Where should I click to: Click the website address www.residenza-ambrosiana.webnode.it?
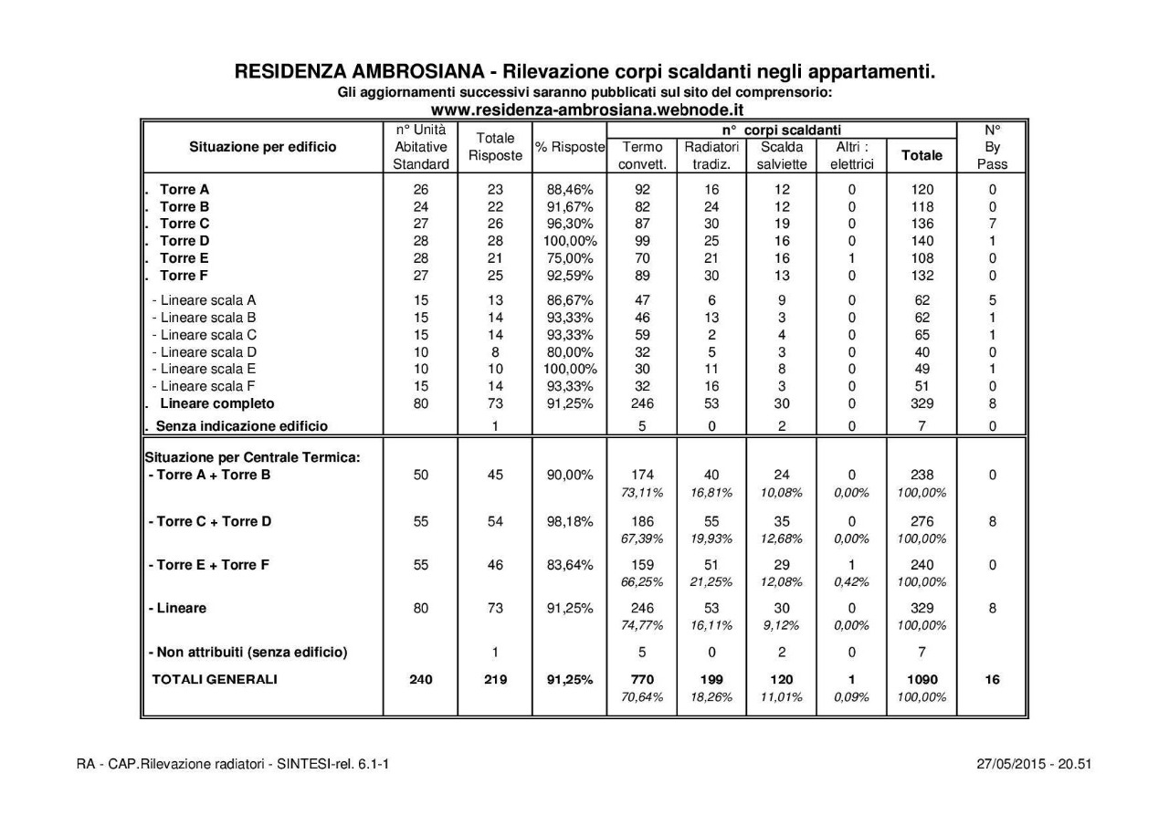(585, 110)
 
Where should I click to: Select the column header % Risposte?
(571, 148)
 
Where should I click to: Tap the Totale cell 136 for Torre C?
(922, 224)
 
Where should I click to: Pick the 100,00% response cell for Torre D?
(571, 241)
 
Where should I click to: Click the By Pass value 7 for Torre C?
(992, 224)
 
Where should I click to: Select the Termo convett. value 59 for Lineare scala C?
(642, 334)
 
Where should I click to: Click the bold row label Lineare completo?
(216, 403)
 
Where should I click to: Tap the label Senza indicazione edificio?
(241, 425)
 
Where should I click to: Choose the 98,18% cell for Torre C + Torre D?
(571, 522)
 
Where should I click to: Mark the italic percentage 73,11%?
(642, 493)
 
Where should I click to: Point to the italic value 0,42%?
(851, 581)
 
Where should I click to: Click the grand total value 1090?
(922, 680)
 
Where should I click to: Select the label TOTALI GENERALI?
(215, 680)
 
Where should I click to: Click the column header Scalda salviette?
(782, 155)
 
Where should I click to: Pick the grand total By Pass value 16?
(992, 680)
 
